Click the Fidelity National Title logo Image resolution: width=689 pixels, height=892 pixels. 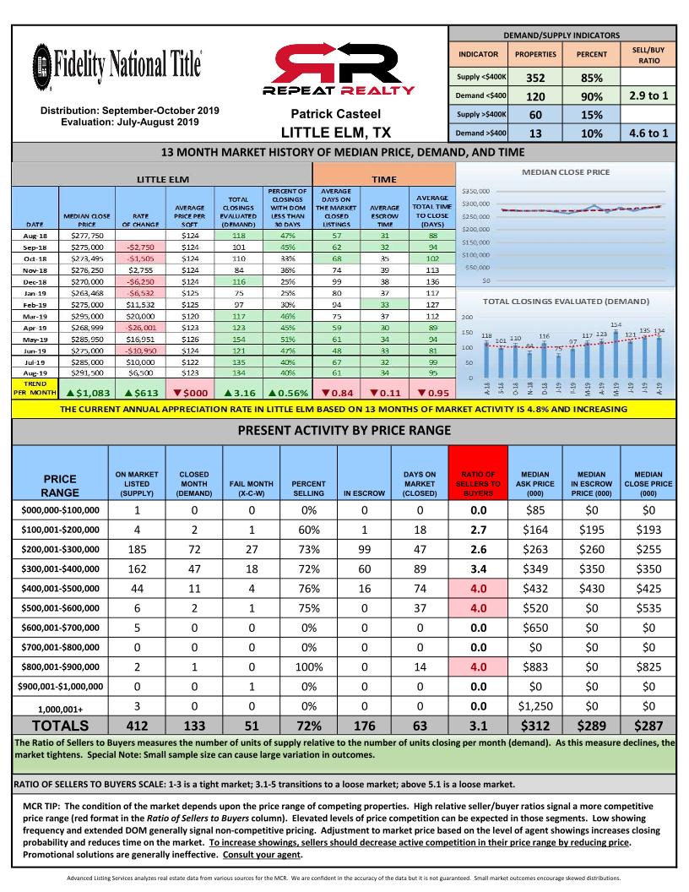pyautogui.click(x=116, y=63)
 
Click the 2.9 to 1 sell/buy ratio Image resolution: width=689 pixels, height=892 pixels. pyautogui.click(x=648, y=96)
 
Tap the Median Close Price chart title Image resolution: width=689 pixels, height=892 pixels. pyautogui.click(x=567, y=172)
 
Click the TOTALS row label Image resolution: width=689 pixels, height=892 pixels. pyautogui.click(x=60, y=725)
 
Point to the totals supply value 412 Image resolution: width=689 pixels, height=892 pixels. pyautogui.click(x=136, y=725)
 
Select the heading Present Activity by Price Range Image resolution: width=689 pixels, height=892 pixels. pyautogui.click(x=344, y=430)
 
